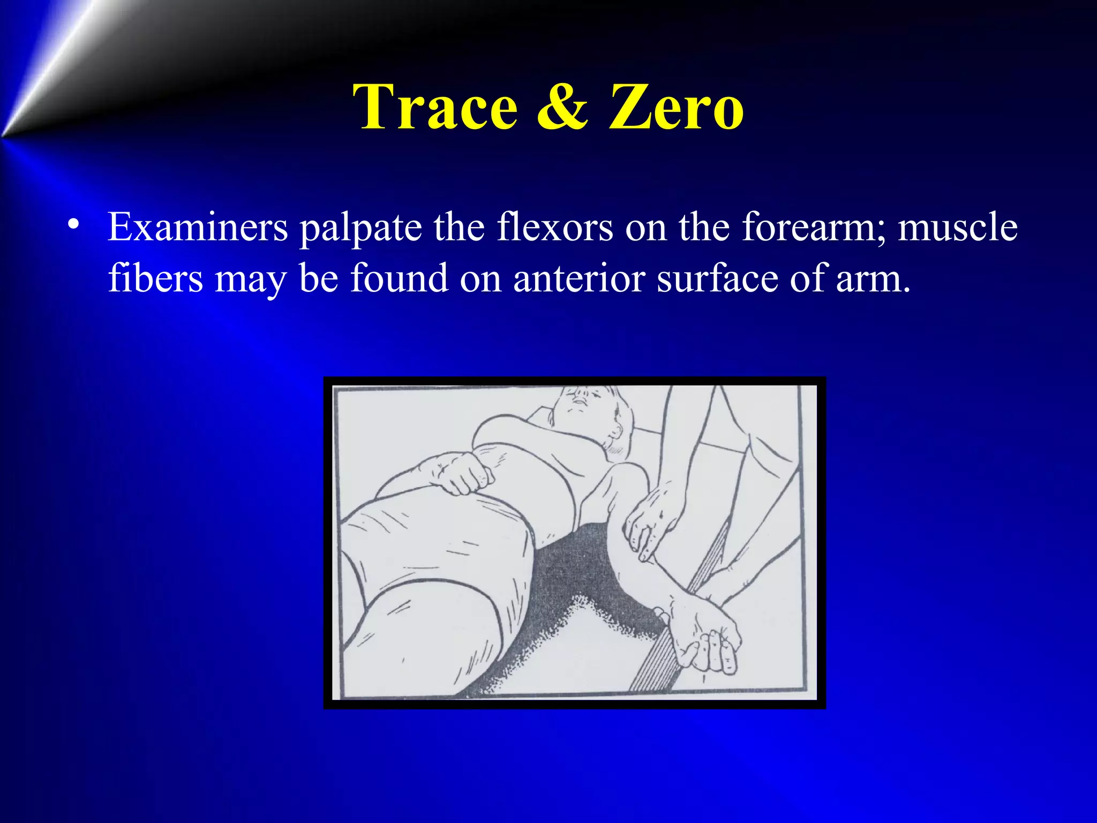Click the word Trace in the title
(438, 107)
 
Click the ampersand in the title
(562, 107)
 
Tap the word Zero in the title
(676, 107)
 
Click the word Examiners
(198, 228)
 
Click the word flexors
(554, 228)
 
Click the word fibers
(155, 279)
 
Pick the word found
(399, 279)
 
